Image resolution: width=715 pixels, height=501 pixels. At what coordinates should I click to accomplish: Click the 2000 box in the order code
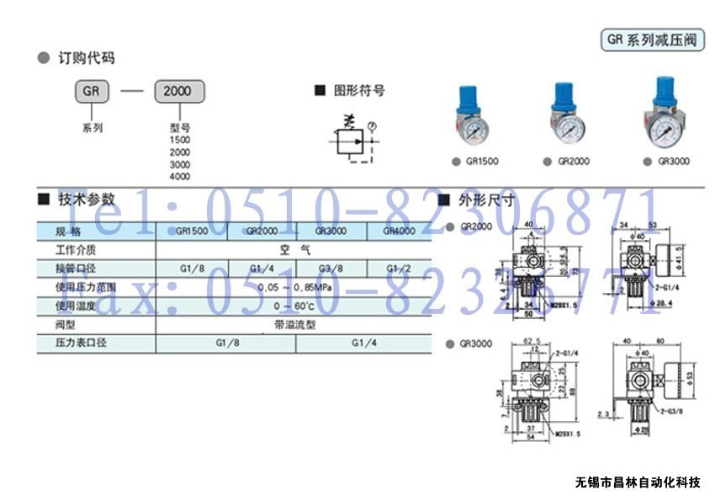click(x=179, y=91)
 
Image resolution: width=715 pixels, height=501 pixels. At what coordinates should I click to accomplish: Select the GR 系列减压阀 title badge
click(x=653, y=40)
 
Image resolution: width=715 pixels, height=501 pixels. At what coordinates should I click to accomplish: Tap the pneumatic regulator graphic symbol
click(x=347, y=139)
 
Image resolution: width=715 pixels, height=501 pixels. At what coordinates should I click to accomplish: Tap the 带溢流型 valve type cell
click(x=294, y=324)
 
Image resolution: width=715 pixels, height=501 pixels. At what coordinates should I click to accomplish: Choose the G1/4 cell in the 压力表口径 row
click(x=364, y=344)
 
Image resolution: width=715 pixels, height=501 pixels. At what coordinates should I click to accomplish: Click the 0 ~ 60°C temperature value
click(x=294, y=306)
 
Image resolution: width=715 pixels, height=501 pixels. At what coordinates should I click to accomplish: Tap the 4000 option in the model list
click(x=179, y=177)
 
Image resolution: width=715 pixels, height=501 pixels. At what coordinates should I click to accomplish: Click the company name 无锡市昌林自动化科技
click(x=638, y=482)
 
